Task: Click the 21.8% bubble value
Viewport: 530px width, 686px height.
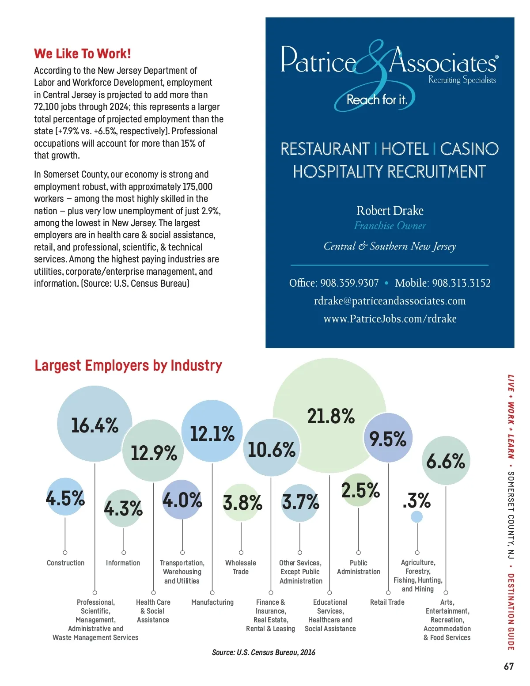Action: coord(331,416)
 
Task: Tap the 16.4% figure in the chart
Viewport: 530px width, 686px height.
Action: coord(95,425)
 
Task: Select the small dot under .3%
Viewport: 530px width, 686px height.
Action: coord(416,516)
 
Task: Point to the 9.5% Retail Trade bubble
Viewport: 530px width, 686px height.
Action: coord(388,439)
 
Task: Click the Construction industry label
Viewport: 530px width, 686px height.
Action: coord(65,563)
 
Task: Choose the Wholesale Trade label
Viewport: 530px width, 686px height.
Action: coord(241,567)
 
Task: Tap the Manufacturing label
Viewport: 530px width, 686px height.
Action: coord(212,602)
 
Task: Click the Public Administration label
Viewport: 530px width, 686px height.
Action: coord(358,567)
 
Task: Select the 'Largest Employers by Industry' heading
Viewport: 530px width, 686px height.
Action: coord(128,366)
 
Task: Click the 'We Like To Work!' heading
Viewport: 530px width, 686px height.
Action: coord(83,54)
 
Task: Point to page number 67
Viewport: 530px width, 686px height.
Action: coord(509,666)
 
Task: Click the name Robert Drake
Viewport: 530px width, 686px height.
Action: coord(390,211)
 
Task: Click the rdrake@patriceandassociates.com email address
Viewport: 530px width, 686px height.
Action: coord(390,301)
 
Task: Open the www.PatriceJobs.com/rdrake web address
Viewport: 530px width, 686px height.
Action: coord(390,319)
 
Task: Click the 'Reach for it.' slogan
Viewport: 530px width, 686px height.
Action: coord(376,100)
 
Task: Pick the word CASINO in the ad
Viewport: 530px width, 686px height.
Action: coord(469,149)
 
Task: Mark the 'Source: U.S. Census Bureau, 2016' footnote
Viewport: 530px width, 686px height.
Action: coord(264,652)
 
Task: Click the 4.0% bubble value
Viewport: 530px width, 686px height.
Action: coord(182,500)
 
